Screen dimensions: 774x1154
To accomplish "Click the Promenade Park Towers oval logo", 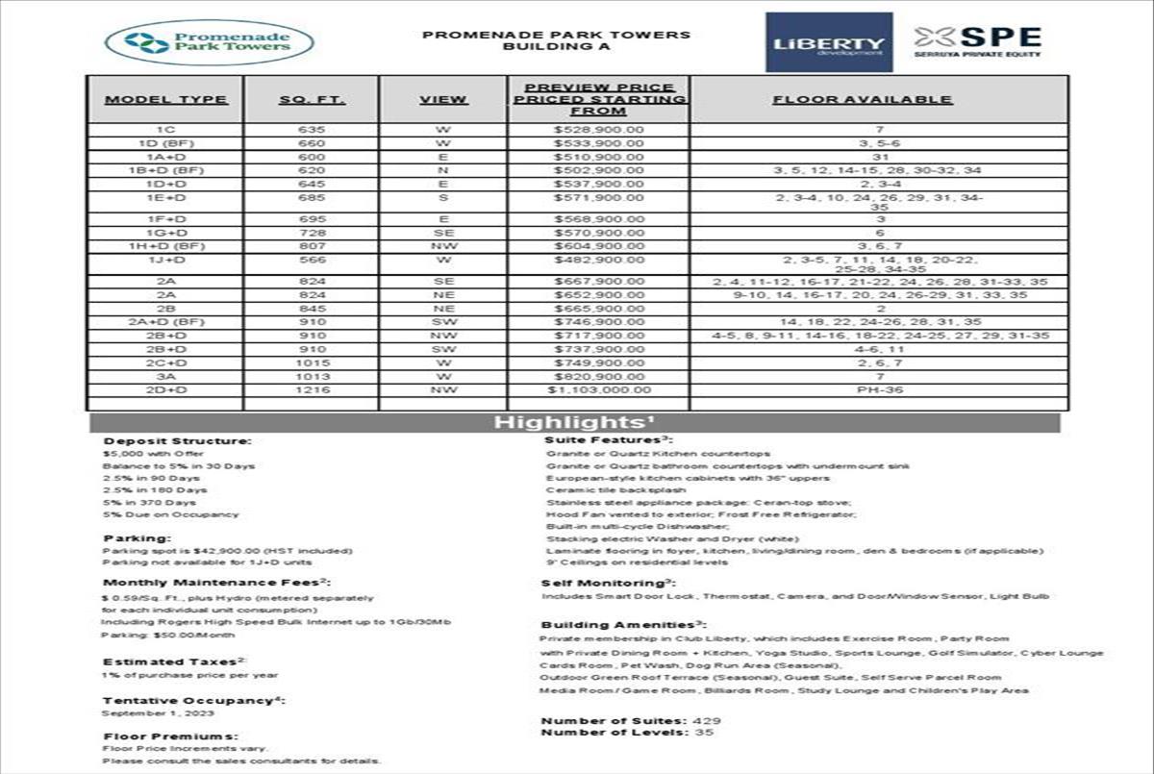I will tap(210, 42).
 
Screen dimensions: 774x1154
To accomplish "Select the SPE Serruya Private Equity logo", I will tap(977, 42).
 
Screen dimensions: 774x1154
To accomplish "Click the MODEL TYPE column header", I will tap(165, 100).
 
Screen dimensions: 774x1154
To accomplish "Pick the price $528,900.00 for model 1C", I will tap(598, 129).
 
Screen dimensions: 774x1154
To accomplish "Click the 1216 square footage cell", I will tap(312, 390).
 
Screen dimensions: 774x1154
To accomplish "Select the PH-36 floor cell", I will tap(878, 390).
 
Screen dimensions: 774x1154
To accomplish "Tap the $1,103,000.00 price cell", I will tap(598, 390).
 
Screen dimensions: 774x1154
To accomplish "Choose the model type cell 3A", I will tap(165, 377).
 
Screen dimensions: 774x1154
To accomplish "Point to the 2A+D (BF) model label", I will tap(165, 322).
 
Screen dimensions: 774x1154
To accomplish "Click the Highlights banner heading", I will tap(575, 423).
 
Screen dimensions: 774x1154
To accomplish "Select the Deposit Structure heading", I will tap(177, 441).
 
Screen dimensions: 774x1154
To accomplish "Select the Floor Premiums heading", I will tap(168, 737).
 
